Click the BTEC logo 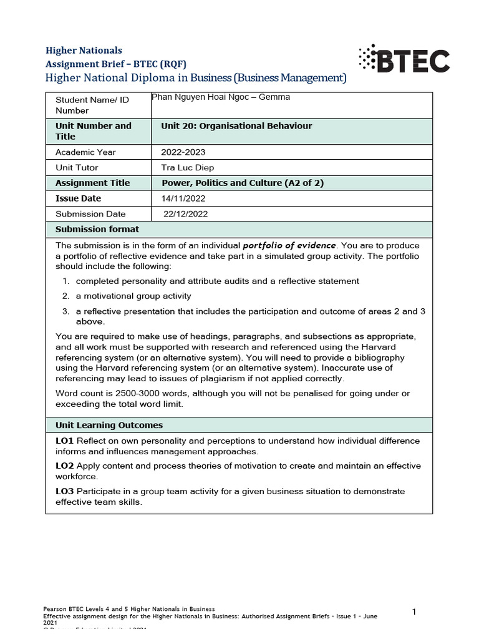[x=404, y=59]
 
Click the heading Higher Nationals [x=85, y=51]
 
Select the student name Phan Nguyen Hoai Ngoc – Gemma [x=221, y=97]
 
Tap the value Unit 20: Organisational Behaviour [x=236, y=126]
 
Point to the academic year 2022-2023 [x=183, y=152]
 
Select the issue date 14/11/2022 [x=183, y=198]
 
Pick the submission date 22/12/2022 [x=185, y=214]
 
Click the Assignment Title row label [x=93, y=183]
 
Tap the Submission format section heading [x=97, y=229]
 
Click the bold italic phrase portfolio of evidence [x=289, y=245]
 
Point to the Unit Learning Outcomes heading [x=109, y=425]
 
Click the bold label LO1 [x=65, y=441]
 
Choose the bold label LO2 [x=65, y=466]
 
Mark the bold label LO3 [x=65, y=492]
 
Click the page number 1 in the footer [x=414, y=612]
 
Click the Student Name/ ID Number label [x=81, y=105]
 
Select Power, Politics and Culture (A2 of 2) [x=243, y=183]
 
